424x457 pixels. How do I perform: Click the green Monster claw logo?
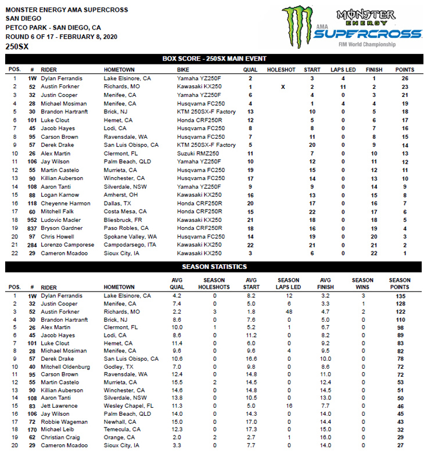(x=297, y=26)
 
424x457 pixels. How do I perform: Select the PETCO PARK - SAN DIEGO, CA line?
(x=53, y=27)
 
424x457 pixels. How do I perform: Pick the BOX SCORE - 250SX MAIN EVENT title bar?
(x=214, y=59)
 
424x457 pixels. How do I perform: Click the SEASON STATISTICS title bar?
(x=214, y=267)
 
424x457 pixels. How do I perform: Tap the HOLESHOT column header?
(x=281, y=70)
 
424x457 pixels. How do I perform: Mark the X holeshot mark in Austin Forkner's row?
(x=283, y=86)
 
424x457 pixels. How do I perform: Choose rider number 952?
(x=32, y=220)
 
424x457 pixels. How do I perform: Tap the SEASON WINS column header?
(x=362, y=283)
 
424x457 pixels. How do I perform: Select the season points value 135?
(x=400, y=295)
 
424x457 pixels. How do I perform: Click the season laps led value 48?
(x=289, y=312)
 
